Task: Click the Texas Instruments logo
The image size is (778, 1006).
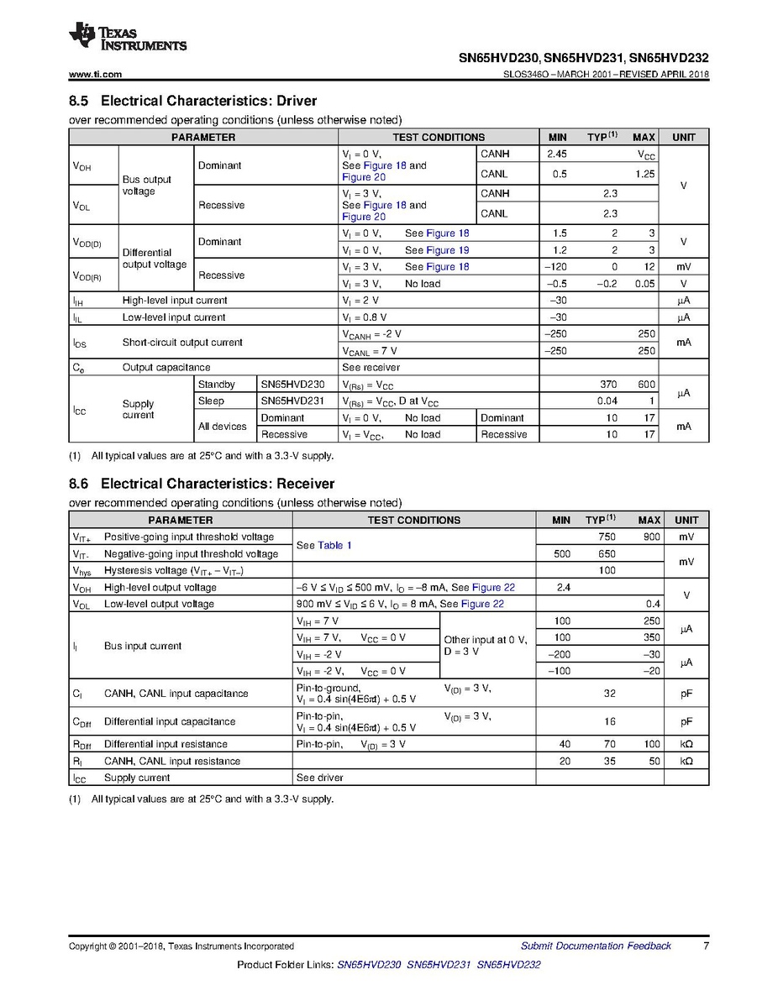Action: click(x=128, y=37)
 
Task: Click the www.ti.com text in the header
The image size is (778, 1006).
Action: click(x=95, y=74)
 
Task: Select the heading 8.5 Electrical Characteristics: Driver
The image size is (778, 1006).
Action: click(x=192, y=101)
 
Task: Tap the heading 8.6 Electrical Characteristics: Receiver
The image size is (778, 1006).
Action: click(x=201, y=484)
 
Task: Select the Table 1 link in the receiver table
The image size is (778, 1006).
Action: click(x=334, y=545)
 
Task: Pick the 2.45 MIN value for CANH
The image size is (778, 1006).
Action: click(x=557, y=155)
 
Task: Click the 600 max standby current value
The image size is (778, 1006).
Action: click(x=645, y=385)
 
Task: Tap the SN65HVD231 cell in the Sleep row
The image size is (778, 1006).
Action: click(x=292, y=401)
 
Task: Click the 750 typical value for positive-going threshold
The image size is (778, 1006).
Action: click(x=606, y=537)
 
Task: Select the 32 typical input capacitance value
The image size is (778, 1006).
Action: click(x=610, y=694)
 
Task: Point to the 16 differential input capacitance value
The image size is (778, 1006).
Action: click(x=610, y=721)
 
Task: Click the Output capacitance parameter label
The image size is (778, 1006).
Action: click(x=166, y=368)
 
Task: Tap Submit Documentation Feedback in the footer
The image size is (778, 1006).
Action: click(x=596, y=946)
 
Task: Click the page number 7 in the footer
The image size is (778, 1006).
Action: click(x=707, y=946)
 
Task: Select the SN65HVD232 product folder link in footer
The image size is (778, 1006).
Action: click(x=508, y=965)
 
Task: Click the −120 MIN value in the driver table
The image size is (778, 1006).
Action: click(x=555, y=267)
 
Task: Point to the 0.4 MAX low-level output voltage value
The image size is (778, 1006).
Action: click(x=653, y=604)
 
